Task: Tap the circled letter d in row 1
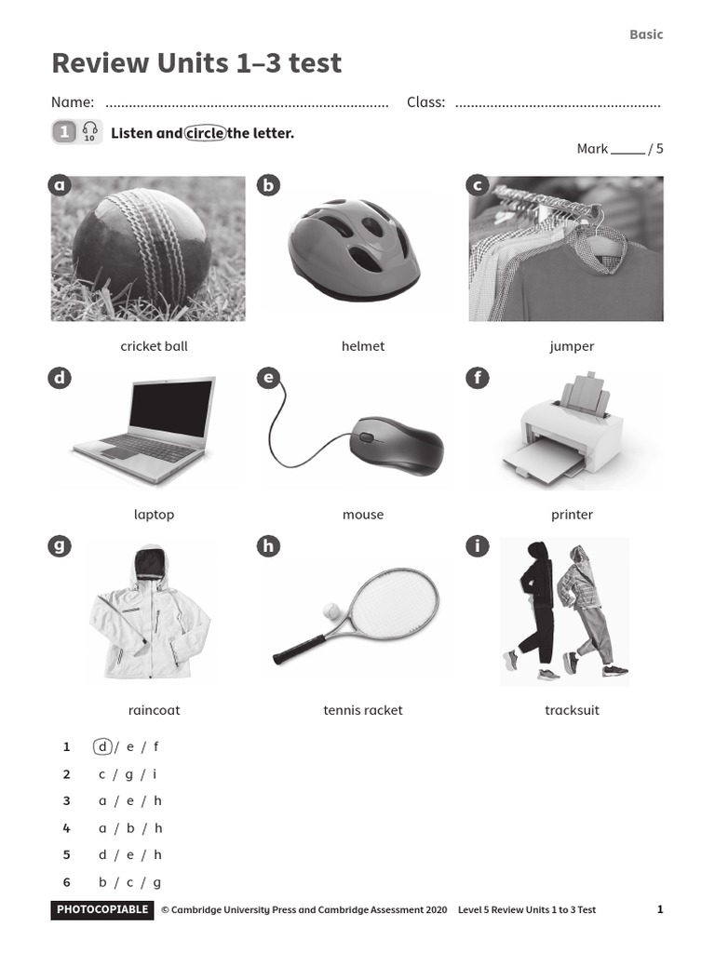[102, 746]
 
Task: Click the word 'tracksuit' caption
[572, 710]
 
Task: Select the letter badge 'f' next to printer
[477, 378]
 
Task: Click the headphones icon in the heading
[89, 131]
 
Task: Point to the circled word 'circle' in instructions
[205, 133]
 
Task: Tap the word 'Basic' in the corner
[646, 34]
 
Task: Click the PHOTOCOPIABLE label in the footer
[102, 909]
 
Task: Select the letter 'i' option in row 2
[155, 774]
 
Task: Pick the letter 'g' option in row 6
[157, 882]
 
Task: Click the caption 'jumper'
[572, 346]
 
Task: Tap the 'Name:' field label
[73, 102]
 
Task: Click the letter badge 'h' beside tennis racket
[268, 546]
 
